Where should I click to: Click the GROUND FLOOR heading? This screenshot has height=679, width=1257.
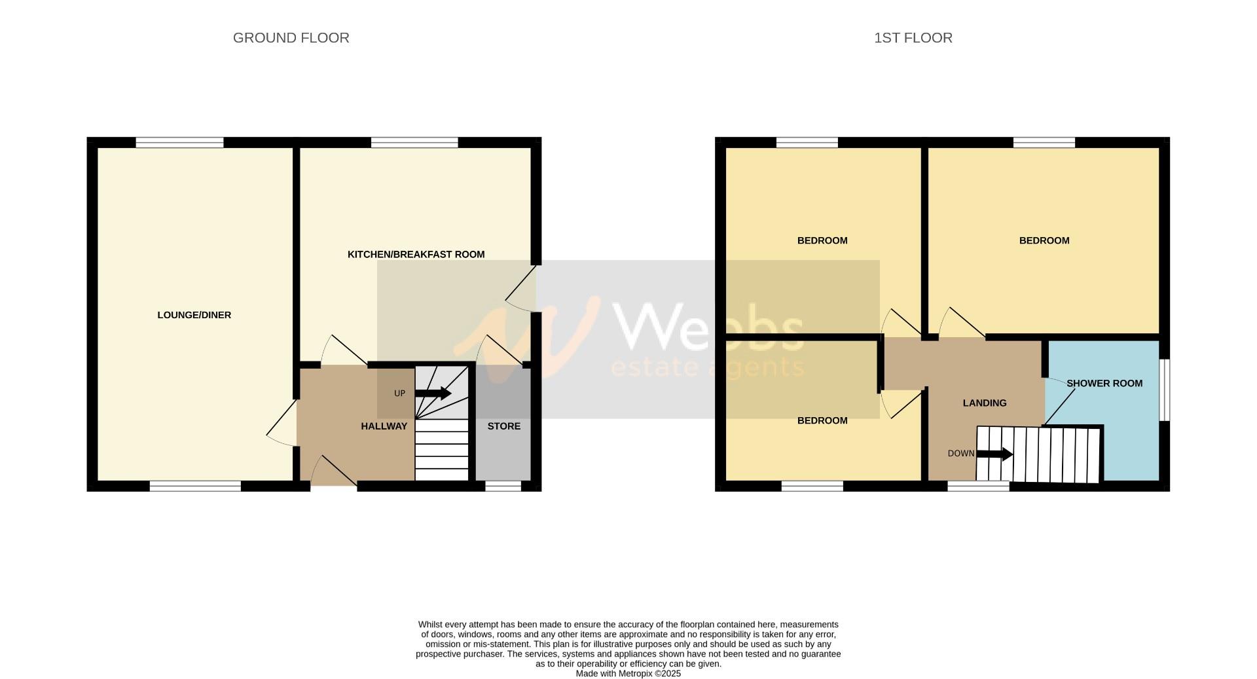pyautogui.click(x=291, y=38)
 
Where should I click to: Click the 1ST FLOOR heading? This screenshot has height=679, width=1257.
pyautogui.click(x=913, y=38)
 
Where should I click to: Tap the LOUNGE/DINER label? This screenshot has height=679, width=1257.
pyautogui.click(x=194, y=315)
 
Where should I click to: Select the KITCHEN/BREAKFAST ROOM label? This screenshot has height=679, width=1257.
pyautogui.click(x=416, y=254)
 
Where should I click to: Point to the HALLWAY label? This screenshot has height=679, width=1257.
pyautogui.click(x=384, y=426)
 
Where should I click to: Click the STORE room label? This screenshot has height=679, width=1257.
pyautogui.click(x=503, y=426)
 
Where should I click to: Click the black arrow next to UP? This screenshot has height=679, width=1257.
pyautogui.click(x=433, y=394)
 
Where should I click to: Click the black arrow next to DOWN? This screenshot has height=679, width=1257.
pyautogui.click(x=994, y=454)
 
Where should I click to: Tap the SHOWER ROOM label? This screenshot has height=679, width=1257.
pyautogui.click(x=1104, y=383)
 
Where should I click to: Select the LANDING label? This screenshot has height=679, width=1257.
pyautogui.click(x=984, y=403)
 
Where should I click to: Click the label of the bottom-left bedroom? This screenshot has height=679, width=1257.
pyautogui.click(x=822, y=420)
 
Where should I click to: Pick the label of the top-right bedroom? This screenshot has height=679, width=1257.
pyautogui.click(x=1044, y=240)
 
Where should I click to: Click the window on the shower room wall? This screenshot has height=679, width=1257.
pyautogui.click(x=1165, y=390)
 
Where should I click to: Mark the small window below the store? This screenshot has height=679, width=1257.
pyautogui.click(x=503, y=486)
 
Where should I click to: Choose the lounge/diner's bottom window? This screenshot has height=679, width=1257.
pyautogui.click(x=195, y=486)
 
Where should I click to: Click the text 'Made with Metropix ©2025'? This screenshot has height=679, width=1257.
pyautogui.click(x=628, y=673)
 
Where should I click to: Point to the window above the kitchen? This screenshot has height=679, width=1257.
pyautogui.click(x=414, y=142)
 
